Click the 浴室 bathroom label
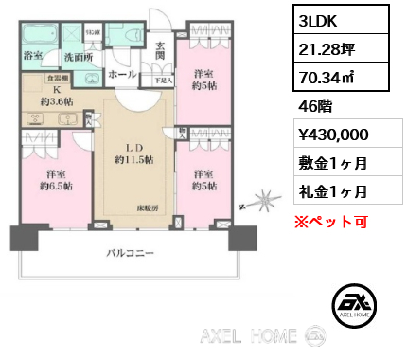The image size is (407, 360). (33, 55)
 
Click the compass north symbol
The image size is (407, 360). (263, 203)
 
